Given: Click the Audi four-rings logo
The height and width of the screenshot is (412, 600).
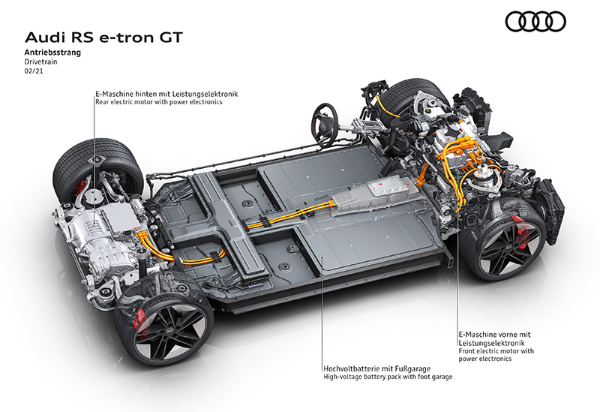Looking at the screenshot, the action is (x=535, y=22).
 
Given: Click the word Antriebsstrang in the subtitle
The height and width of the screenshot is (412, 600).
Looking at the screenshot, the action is (x=52, y=53).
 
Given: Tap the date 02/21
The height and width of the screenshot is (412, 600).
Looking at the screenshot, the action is (x=34, y=71).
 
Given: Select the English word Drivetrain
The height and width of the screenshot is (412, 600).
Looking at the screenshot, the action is (x=41, y=62).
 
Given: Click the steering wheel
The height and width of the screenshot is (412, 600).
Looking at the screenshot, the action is (x=325, y=125).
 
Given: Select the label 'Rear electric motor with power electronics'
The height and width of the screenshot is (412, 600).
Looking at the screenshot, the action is (x=159, y=102).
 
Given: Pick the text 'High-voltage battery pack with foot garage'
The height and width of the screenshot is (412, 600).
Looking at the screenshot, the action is (x=388, y=377).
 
